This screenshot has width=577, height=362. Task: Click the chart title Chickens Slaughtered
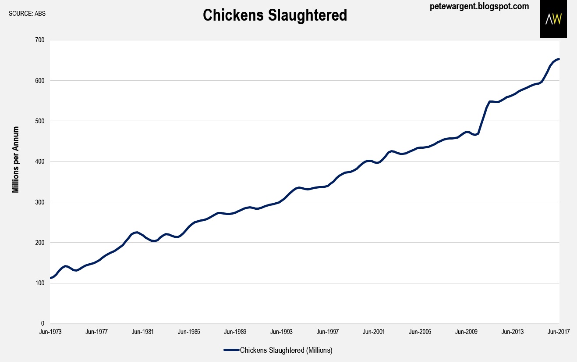(275, 15)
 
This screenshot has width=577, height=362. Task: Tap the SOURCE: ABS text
(27, 13)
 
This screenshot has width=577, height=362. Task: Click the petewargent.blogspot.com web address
(479, 7)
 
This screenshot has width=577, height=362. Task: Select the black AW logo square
(553, 19)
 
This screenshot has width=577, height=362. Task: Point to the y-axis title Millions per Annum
(16, 160)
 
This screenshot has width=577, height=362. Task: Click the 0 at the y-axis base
(42, 323)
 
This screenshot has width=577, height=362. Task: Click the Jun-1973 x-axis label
(50, 332)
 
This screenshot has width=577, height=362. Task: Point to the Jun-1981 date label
(143, 332)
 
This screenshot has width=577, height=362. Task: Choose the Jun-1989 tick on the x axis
(235, 332)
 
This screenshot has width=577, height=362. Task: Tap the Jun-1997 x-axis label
(328, 332)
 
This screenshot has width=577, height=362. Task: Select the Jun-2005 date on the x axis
(420, 332)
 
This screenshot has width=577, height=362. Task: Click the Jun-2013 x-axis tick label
(513, 332)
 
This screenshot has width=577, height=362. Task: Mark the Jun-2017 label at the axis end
(559, 332)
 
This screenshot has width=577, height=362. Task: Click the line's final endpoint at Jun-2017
(559, 59)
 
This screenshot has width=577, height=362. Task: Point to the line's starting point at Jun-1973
(51, 278)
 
